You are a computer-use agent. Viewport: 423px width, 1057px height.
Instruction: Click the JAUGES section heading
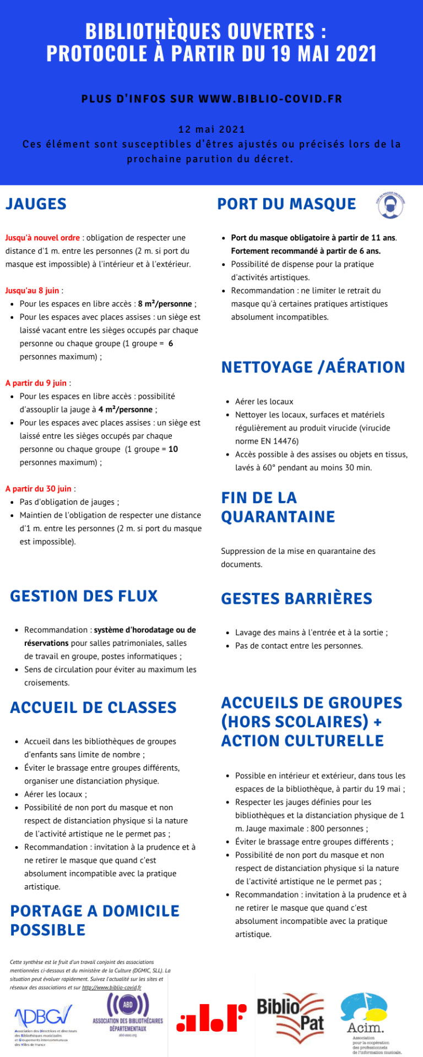click(x=36, y=204)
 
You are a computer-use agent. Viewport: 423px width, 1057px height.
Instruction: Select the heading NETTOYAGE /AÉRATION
click(x=313, y=367)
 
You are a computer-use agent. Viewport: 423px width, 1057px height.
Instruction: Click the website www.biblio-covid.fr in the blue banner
click(x=270, y=99)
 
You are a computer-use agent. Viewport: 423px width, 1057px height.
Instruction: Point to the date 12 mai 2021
click(x=211, y=129)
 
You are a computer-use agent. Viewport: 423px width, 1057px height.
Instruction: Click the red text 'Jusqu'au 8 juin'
click(x=32, y=291)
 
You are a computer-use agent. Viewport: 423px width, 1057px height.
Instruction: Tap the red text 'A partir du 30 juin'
click(x=39, y=489)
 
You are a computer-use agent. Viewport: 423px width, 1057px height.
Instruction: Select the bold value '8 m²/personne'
click(x=165, y=304)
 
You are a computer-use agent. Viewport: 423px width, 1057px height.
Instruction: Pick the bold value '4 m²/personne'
click(x=126, y=410)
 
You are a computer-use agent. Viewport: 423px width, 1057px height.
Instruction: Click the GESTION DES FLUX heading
click(x=84, y=596)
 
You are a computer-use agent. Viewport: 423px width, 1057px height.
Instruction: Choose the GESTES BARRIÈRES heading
click(x=296, y=599)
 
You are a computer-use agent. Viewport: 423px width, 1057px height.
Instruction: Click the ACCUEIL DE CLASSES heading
click(x=93, y=708)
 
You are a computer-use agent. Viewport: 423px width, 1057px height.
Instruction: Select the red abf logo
click(x=211, y=1018)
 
